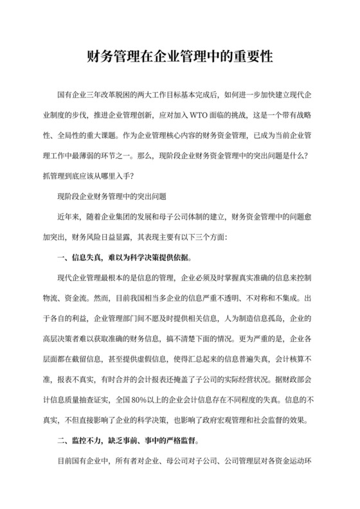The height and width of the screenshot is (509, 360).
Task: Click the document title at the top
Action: tap(180, 57)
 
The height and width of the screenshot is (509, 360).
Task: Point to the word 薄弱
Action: tap(139, 155)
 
